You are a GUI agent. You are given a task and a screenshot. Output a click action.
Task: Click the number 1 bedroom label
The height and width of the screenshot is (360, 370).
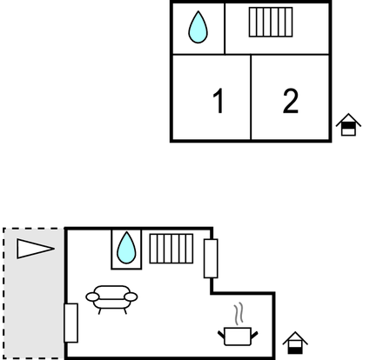tap(219, 101)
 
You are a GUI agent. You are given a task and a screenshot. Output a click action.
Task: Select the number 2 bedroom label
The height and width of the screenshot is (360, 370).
tap(291, 101)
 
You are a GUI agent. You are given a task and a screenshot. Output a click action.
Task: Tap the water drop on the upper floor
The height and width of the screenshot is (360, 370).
tap(198, 27)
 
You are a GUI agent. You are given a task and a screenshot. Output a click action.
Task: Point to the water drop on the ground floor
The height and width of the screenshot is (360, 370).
tap(126, 248)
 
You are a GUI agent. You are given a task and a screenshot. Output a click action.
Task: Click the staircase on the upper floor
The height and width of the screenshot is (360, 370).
tap(271, 22)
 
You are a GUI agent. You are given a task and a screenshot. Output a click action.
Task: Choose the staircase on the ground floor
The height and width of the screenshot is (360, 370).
tap(172, 249)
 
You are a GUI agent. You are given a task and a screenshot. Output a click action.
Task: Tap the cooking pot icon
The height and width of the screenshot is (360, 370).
tap(238, 337)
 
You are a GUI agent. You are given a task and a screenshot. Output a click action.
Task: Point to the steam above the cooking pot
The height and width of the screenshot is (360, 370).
tap(239, 314)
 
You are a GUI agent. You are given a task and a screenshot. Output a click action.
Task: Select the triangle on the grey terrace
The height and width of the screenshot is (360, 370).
tap(35, 249)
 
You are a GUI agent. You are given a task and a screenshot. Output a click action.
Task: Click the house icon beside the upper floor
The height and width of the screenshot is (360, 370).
tap(348, 124)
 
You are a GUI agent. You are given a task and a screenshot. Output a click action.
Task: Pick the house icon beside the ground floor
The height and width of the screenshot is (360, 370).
tap(295, 343)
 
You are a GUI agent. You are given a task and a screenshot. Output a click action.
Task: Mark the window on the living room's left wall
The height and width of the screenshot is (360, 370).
tap(71, 323)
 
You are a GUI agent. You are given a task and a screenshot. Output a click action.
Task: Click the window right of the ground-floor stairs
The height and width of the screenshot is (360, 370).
tap(211, 258)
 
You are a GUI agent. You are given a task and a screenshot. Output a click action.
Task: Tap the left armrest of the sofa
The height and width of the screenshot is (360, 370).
tap(92, 297)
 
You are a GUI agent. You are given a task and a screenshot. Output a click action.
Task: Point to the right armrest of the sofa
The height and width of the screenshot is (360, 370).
tap(131, 297)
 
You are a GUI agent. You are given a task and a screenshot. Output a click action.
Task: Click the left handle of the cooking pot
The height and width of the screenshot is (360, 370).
tap(221, 335)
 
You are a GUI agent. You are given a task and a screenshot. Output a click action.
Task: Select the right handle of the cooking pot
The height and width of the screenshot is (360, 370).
tap(254, 335)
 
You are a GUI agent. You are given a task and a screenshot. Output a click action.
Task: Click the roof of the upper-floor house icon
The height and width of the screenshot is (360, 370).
tap(348, 119)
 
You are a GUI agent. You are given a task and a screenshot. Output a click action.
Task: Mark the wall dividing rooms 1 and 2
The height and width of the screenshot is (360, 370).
tap(251, 97)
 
